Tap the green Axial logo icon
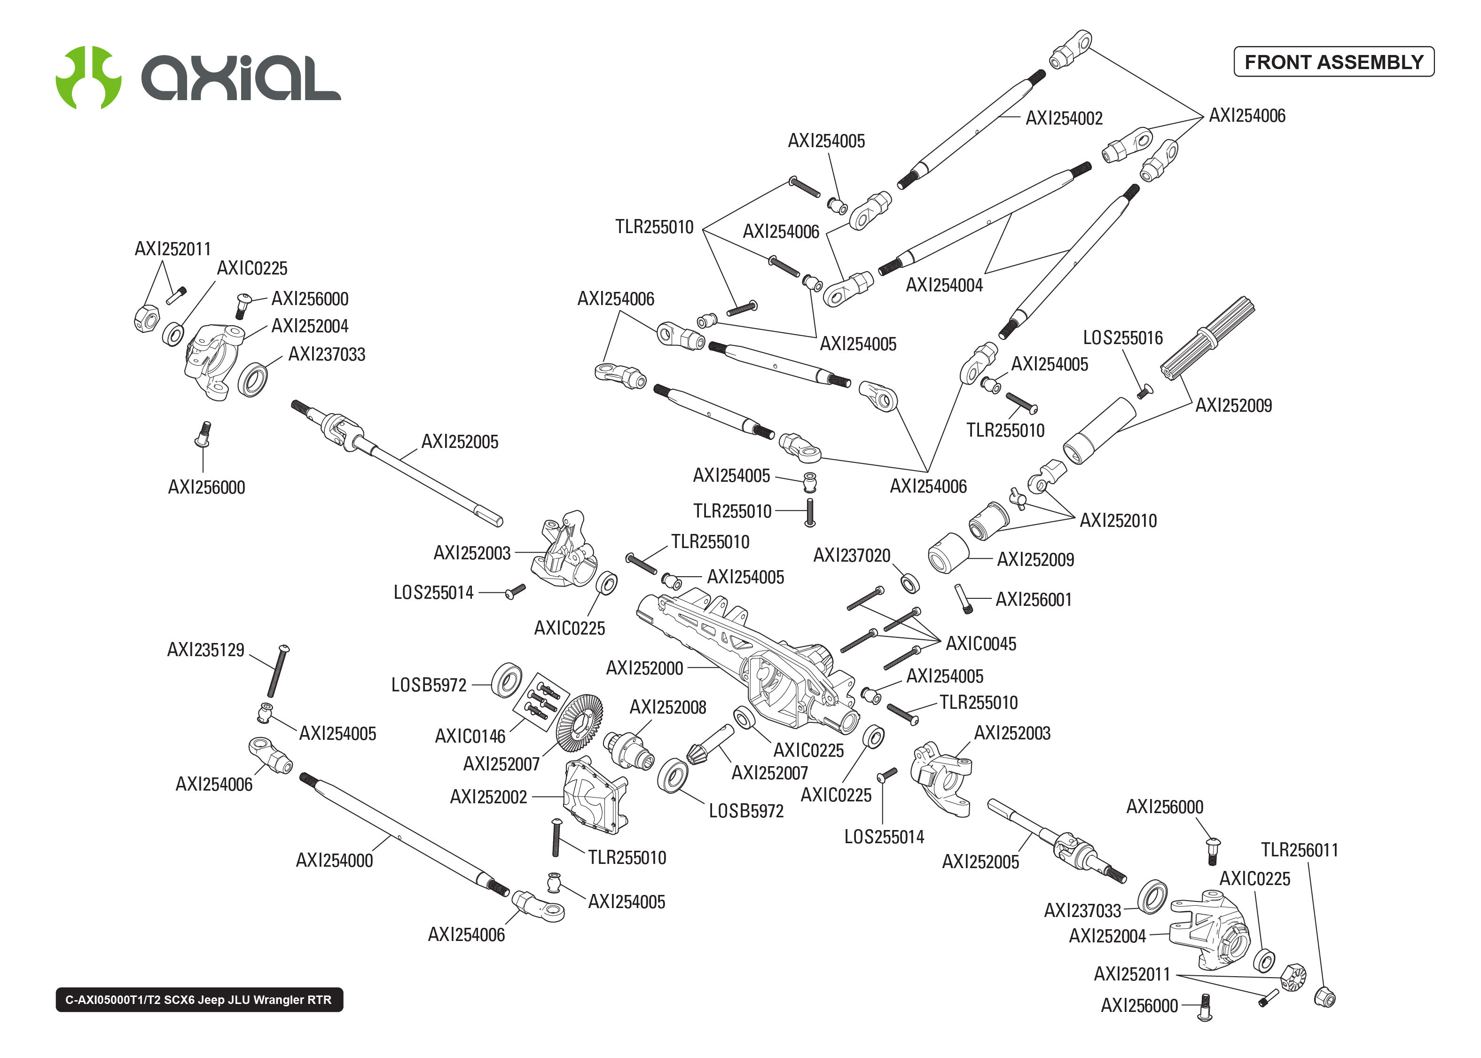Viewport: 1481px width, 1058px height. (88, 77)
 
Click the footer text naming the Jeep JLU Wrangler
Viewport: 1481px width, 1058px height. (199, 999)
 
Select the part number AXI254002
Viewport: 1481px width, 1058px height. (1064, 118)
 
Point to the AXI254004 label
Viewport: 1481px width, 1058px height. (944, 285)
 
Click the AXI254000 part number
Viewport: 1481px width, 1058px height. (334, 861)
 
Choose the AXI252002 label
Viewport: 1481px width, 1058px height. (488, 797)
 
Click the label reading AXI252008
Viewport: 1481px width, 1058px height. (667, 707)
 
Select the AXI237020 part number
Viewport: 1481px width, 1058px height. (851, 556)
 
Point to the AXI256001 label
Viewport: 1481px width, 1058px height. (1033, 599)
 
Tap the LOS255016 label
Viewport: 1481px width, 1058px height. (1122, 338)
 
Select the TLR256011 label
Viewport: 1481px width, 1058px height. (1299, 850)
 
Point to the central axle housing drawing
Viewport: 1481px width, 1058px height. (749, 658)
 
